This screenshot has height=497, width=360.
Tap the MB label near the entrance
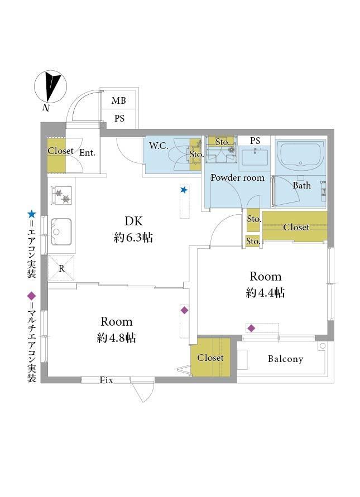coord(119,100)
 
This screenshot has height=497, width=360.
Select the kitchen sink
coord(61,231)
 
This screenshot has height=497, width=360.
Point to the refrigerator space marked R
coord(61,268)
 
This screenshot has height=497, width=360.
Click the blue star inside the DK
coord(184,190)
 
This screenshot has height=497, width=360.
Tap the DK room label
coord(133,221)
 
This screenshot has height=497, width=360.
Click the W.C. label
coord(159,146)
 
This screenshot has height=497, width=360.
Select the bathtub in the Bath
coord(300,156)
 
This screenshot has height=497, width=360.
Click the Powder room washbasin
coord(255,157)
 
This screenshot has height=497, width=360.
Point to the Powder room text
coord(238,177)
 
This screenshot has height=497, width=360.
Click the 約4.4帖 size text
coord(265,292)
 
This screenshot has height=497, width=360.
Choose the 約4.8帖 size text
coord(117,338)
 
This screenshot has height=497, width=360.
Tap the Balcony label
coord(285,359)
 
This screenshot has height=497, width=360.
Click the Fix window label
coord(106,380)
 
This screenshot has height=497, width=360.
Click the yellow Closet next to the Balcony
coord(210,357)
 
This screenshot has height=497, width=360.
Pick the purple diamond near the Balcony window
coord(251,329)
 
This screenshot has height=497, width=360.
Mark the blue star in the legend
coord(31,214)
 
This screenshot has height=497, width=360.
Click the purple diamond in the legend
coord(31,296)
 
